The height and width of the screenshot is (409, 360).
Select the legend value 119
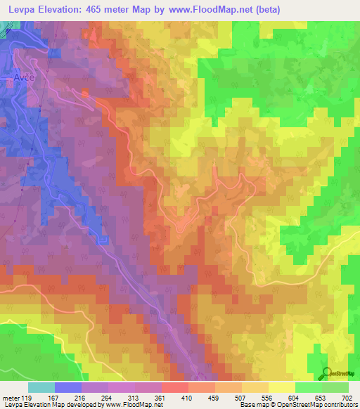(27, 398)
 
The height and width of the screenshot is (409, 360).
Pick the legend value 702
(347, 398)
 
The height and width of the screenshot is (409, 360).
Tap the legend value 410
(188, 398)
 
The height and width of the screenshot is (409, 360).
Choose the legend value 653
(321, 398)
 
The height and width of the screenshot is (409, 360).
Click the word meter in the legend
(10, 398)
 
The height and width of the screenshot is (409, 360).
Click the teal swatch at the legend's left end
(41, 387)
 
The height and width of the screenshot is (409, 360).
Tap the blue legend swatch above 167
(67, 387)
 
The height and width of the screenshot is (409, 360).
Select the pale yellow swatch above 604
(281, 387)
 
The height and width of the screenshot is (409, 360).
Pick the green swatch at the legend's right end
(335, 387)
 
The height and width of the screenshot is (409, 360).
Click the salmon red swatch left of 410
(174, 387)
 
